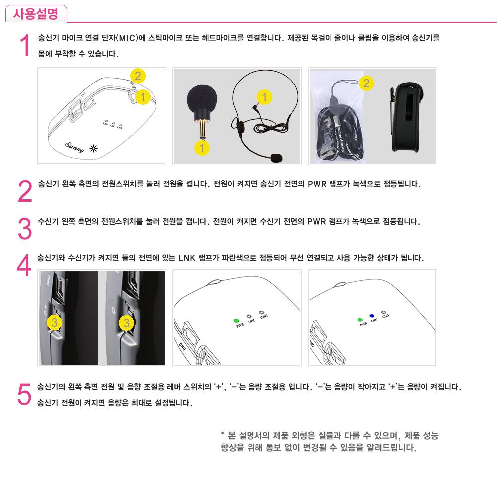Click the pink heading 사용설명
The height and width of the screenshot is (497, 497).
coord(35,14)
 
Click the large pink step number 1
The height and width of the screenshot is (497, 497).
coord(25,45)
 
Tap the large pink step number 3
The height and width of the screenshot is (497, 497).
coord(25,228)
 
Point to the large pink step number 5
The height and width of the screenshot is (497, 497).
coord(24,394)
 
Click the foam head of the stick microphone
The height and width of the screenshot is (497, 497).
coord(202,99)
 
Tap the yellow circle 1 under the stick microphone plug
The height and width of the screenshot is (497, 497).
coord(202,148)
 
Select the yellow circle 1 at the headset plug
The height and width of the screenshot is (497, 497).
coord(265,97)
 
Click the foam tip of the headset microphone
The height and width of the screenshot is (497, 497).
coord(277,158)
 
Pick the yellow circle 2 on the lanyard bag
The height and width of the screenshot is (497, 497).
coord(366,83)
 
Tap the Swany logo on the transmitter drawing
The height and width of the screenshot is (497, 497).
coord(75,147)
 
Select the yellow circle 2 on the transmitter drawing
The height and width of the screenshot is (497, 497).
coord(138,76)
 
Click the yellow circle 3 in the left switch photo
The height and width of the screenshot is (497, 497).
coord(54,323)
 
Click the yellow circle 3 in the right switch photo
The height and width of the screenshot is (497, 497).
coord(126,323)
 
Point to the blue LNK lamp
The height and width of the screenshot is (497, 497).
coord(372,316)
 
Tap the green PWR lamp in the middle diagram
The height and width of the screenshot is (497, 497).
coord(236,321)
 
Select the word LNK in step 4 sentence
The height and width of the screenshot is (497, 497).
coord(187,258)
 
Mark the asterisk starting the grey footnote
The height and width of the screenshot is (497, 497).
coord(223,433)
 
